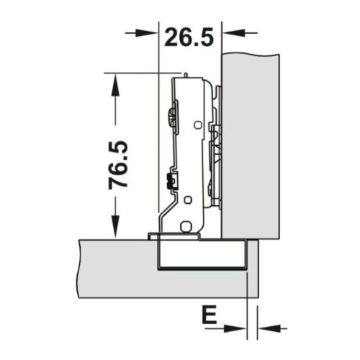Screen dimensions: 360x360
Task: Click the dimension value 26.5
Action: click(x=189, y=36)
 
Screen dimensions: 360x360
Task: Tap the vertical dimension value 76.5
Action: click(x=119, y=164)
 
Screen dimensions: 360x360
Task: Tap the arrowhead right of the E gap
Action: click(x=266, y=328)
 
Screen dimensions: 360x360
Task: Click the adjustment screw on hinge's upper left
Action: click(x=171, y=114)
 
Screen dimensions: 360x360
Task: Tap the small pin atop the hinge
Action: click(x=185, y=74)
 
